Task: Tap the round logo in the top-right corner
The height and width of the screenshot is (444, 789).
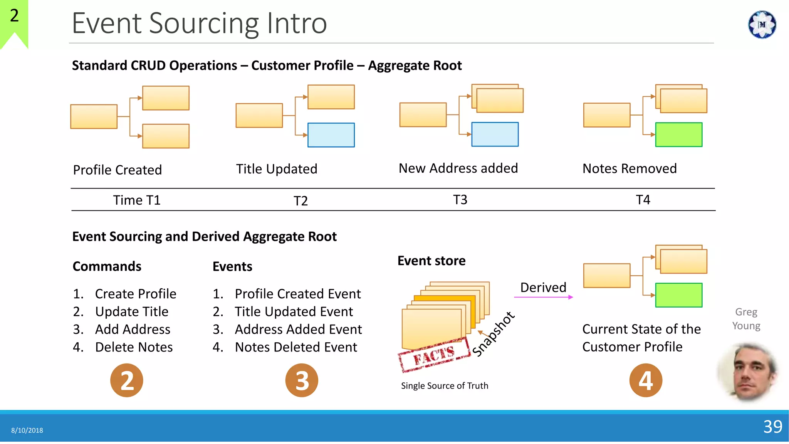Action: (x=762, y=25)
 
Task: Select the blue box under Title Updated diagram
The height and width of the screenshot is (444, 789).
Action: (x=331, y=135)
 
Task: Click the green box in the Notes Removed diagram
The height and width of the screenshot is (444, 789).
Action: (x=678, y=135)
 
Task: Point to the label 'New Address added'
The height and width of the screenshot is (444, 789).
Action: (x=458, y=168)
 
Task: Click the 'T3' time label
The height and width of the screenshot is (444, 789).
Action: (x=460, y=200)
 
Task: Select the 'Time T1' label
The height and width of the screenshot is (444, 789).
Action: (x=136, y=200)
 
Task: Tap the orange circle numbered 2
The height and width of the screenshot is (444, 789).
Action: (x=126, y=380)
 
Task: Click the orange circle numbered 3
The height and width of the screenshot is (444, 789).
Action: (x=302, y=380)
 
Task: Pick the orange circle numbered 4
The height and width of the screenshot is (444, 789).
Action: (x=646, y=380)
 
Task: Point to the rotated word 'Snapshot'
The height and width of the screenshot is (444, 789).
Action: (x=493, y=334)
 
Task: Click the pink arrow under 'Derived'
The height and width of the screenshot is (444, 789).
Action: (x=543, y=297)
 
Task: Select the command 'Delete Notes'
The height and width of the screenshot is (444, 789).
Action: (x=134, y=347)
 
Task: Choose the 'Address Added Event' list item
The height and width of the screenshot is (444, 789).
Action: (x=298, y=330)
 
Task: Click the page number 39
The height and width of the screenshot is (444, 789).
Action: (x=772, y=427)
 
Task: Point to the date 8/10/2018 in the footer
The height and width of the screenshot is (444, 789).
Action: (x=27, y=430)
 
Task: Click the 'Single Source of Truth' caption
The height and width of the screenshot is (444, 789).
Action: (x=444, y=386)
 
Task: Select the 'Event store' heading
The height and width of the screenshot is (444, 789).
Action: (x=431, y=261)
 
